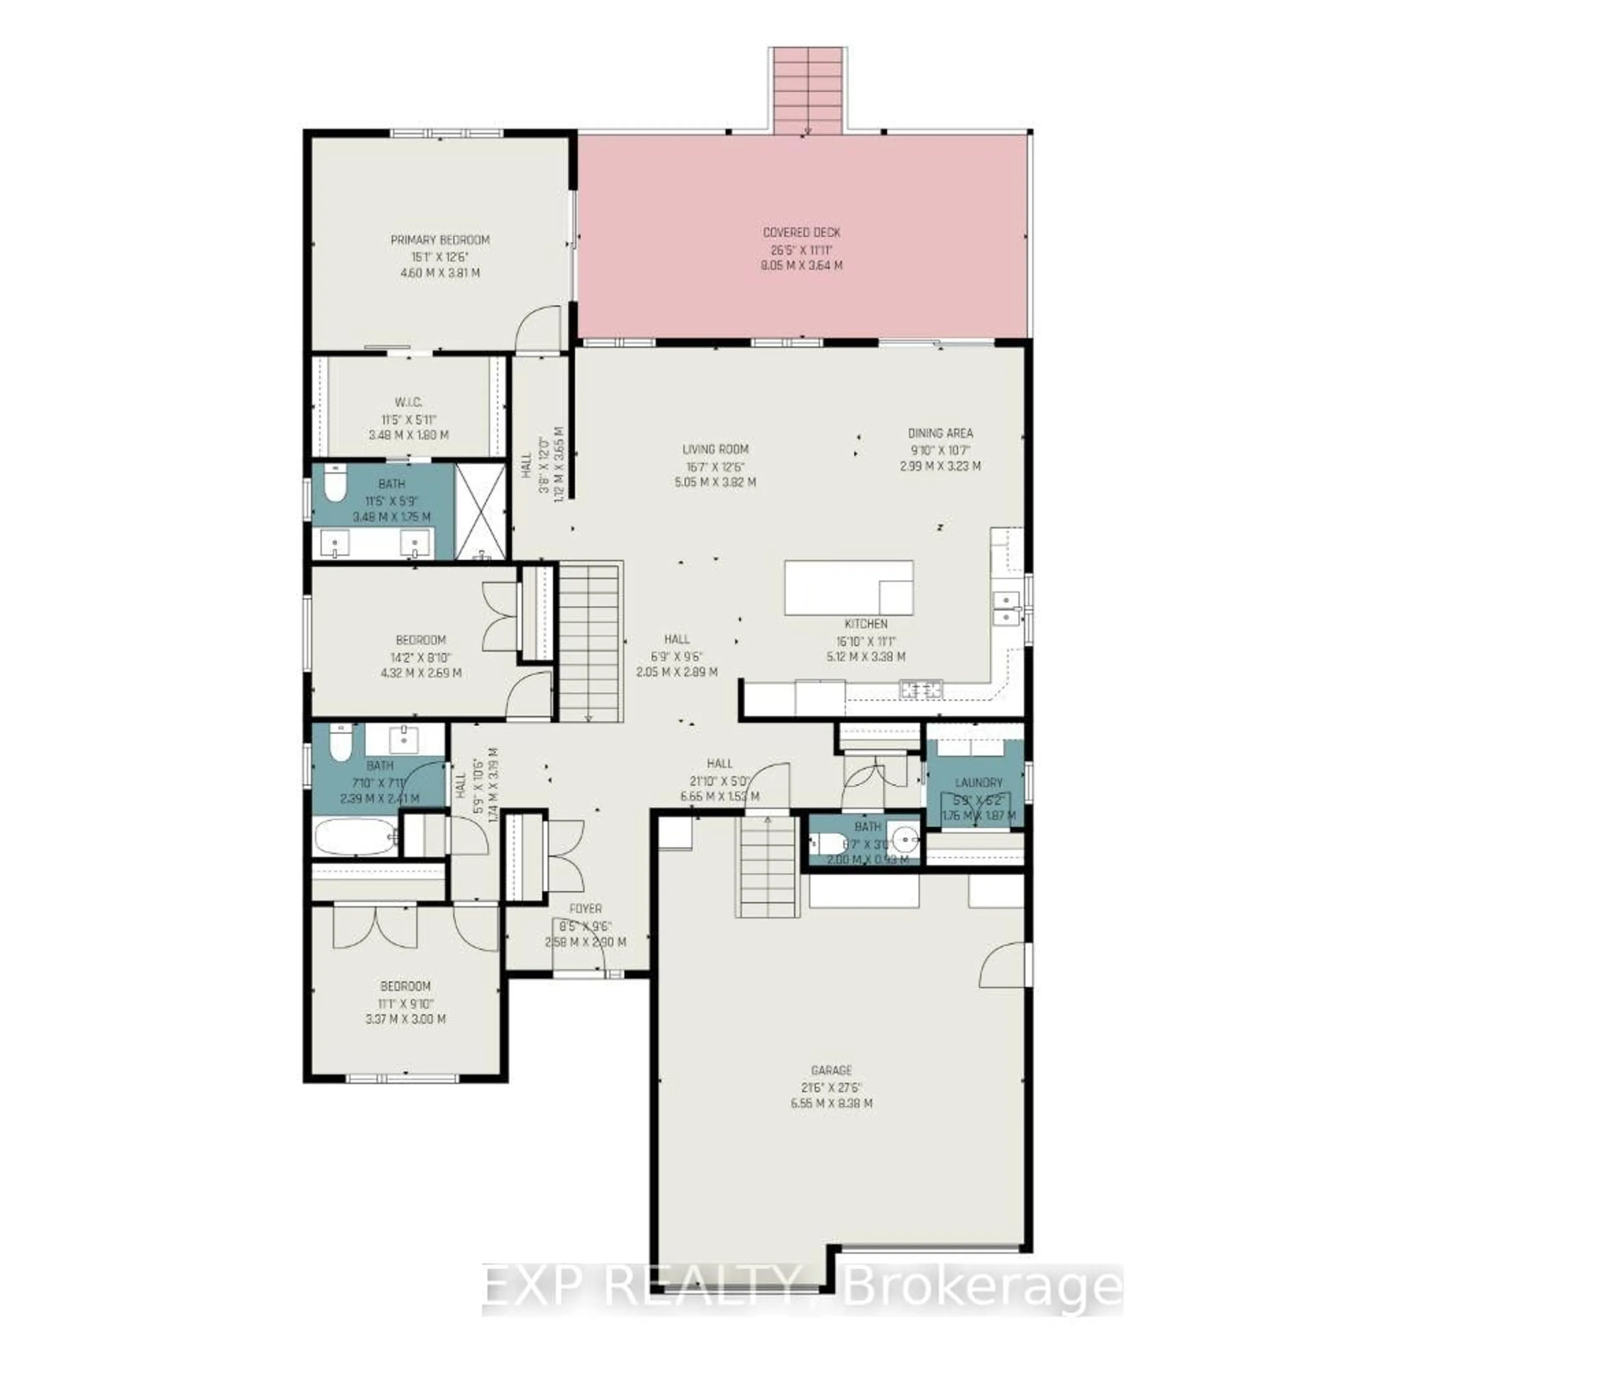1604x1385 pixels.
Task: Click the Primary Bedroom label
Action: click(x=440, y=240)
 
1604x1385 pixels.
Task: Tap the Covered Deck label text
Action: click(x=801, y=232)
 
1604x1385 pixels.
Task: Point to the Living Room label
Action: click(x=715, y=449)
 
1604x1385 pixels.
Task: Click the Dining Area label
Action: click(x=940, y=434)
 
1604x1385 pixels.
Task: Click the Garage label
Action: click(x=831, y=1070)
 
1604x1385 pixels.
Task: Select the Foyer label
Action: click(x=585, y=908)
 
